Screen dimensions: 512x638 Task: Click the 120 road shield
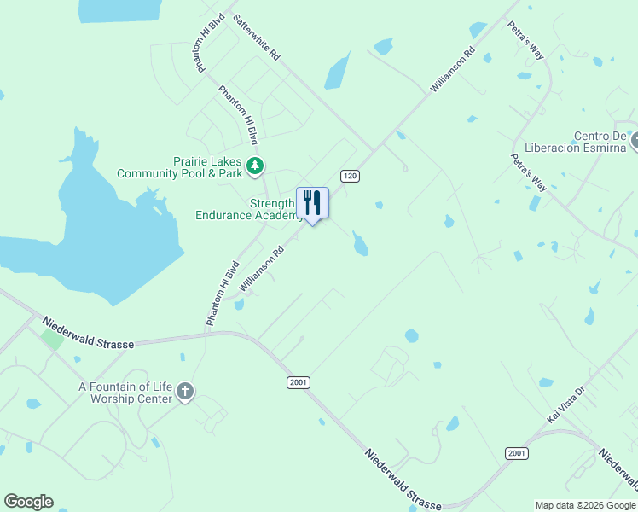click(349, 176)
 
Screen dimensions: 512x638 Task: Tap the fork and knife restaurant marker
click(312, 204)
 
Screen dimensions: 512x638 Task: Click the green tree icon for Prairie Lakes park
click(255, 166)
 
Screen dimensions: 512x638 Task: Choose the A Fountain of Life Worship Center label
click(125, 393)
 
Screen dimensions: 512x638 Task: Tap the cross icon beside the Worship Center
click(185, 393)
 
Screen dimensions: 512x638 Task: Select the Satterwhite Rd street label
click(256, 35)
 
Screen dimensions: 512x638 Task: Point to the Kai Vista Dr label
click(566, 405)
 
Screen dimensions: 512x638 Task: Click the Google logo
click(28, 502)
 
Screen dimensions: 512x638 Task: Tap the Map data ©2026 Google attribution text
click(584, 505)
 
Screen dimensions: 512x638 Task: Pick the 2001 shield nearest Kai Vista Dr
click(515, 453)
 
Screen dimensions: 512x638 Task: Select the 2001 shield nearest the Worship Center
click(298, 383)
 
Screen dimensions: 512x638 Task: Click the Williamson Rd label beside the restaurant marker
click(261, 270)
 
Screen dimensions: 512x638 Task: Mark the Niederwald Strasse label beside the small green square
click(88, 333)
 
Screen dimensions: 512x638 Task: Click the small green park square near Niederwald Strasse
click(52, 339)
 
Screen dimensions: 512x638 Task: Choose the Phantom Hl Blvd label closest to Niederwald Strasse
click(220, 294)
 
